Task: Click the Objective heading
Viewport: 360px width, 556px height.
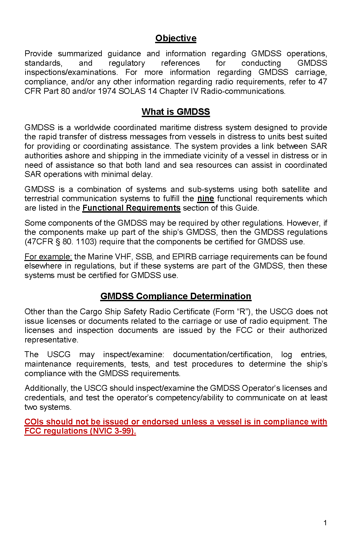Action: (x=176, y=38)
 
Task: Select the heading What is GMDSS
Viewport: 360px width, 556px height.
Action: (x=176, y=112)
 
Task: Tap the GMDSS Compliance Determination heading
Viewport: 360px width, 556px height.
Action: (x=176, y=296)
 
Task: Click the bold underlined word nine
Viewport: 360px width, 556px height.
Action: (x=206, y=199)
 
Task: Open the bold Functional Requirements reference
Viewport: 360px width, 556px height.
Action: (x=131, y=208)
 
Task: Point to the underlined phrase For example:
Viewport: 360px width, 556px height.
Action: (x=48, y=257)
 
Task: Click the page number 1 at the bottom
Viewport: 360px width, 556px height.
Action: (x=325, y=523)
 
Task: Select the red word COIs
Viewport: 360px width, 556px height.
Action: (x=34, y=422)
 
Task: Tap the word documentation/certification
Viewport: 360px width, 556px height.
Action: (x=223, y=355)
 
